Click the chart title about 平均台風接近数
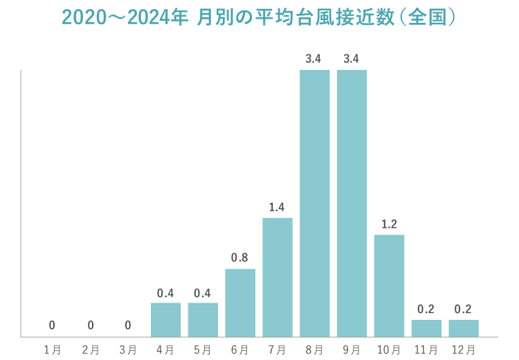[259, 17]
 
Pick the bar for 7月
[277, 277]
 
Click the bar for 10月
[389, 285]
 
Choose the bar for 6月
[240, 303]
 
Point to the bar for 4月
[165, 319]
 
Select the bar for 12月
[464, 328]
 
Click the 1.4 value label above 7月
[277, 207]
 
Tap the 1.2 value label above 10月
[389, 224]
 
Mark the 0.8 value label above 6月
[239, 258]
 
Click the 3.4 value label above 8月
[313, 59]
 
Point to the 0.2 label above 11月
[426, 309]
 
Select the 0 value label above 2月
[90, 325]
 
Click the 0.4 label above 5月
[202, 292]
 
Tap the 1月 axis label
[53, 350]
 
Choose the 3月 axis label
[127, 350]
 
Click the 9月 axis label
[352, 350]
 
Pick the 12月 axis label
[464, 350]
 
